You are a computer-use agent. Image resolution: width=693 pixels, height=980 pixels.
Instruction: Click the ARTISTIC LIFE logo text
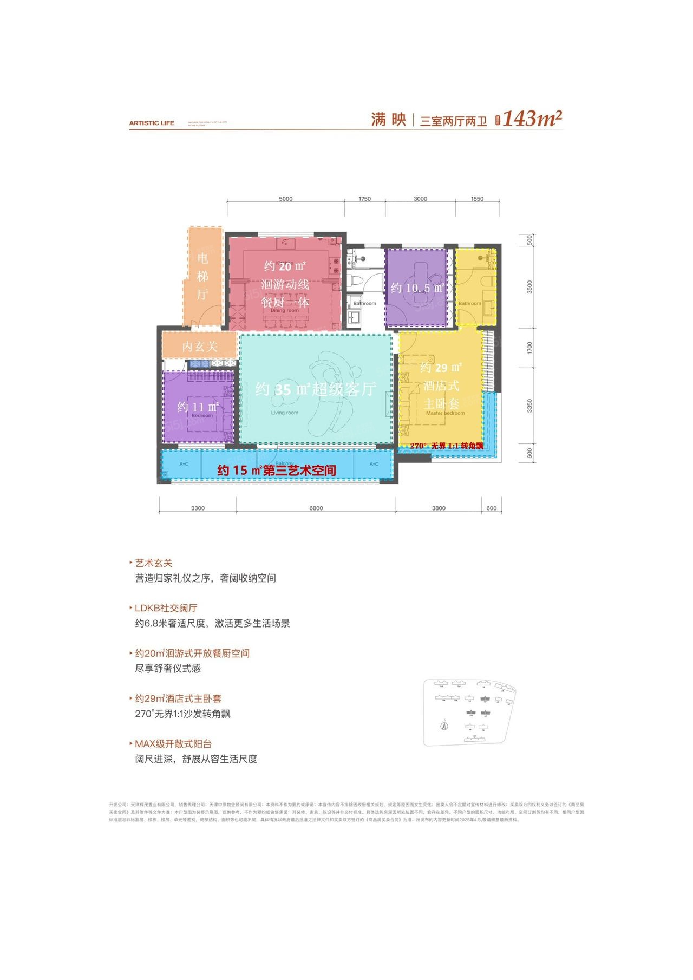click(x=152, y=123)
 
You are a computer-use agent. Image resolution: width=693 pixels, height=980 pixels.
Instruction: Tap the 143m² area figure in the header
click(x=533, y=119)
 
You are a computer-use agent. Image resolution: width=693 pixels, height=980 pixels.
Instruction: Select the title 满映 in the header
click(x=388, y=119)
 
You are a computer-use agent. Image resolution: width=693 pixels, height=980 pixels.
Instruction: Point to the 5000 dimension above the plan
click(x=285, y=199)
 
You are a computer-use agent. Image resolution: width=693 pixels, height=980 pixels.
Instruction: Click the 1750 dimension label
click(x=364, y=199)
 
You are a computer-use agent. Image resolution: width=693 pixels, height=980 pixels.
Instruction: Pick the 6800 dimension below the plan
click(x=316, y=508)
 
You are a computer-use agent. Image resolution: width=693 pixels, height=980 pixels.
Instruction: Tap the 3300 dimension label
click(x=198, y=508)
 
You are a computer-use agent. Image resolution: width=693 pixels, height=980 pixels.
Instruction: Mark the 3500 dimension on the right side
click(x=529, y=287)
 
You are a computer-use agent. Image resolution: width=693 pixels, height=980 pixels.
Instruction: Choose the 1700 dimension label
click(x=529, y=348)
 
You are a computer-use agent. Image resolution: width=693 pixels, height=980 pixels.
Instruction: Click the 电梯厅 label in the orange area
click(x=202, y=276)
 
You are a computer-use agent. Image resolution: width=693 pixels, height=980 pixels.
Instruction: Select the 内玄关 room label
click(x=199, y=347)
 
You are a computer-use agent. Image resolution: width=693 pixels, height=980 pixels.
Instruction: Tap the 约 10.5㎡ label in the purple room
click(x=417, y=288)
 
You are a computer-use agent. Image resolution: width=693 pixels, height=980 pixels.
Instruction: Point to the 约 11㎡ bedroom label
click(x=198, y=407)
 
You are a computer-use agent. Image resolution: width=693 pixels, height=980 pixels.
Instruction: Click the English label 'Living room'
click(x=285, y=413)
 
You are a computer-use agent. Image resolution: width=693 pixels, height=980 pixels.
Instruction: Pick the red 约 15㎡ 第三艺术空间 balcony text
click(x=276, y=471)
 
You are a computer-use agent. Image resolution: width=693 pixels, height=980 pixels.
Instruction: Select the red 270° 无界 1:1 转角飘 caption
click(x=447, y=446)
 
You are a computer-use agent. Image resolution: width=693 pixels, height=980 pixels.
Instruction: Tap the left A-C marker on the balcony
click(x=184, y=464)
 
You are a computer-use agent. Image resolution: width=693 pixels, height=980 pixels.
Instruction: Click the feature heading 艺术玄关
click(x=154, y=563)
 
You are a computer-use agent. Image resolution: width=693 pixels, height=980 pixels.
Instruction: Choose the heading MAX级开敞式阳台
click(x=173, y=744)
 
